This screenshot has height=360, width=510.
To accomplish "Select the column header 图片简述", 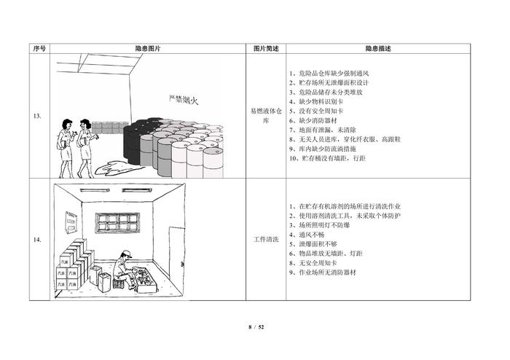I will (x=265, y=49).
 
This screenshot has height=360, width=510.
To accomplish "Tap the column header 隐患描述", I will (x=378, y=49).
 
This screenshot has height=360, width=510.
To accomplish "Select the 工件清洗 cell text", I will (x=265, y=240).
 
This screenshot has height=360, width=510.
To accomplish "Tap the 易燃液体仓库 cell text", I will (x=265, y=116).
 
